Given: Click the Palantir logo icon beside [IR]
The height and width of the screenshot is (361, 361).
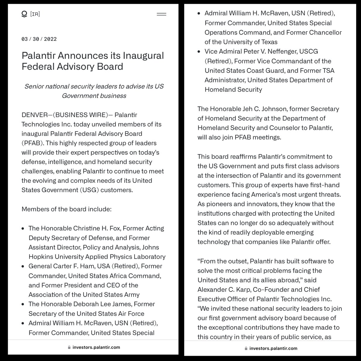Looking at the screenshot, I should click(24, 14).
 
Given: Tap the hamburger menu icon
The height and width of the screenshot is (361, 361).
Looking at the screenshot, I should click(162, 14).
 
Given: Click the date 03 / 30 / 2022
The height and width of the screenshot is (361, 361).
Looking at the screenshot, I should click(39, 39).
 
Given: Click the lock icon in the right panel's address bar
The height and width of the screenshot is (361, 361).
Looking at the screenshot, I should click(246, 348).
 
